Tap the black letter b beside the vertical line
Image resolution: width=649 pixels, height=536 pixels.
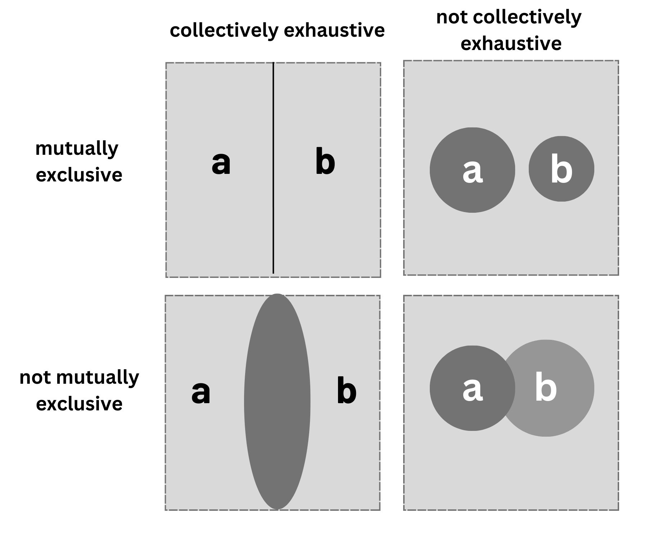pyautogui.click(x=325, y=162)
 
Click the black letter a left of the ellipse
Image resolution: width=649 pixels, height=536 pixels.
pyautogui.click(x=200, y=392)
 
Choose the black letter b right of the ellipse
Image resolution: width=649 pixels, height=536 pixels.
pyautogui.click(x=346, y=391)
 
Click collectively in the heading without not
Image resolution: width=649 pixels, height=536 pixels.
pyautogui.click(x=224, y=30)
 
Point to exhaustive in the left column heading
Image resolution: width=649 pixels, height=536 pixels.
pyautogui.click(x=334, y=30)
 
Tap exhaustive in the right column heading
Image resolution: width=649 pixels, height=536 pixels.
pyautogui.click(x=511, y=44)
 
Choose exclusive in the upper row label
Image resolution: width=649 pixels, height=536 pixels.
pyautogui.click(x=79, y=175)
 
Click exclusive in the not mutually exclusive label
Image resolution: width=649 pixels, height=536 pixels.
pyautogui.click(x=79, y=404)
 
